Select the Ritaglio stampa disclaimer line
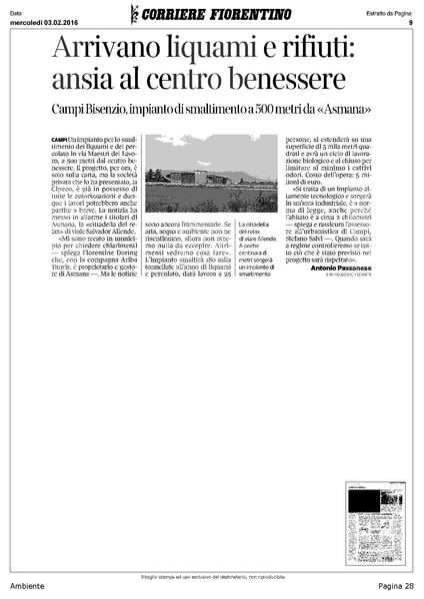point(212,578)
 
